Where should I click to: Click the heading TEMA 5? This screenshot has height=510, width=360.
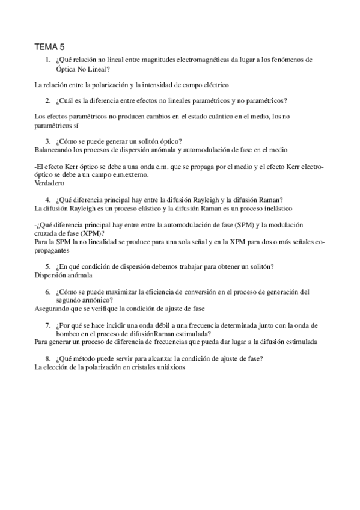pyautogui.click(x=50, y=47)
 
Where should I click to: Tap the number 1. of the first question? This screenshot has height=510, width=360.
pyautogui.click(x=47, y=60)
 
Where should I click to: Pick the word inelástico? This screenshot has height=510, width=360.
pyautogui.click(x=272, y=208)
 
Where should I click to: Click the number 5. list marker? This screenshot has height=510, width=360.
pyautogui.click(x=47, y=266)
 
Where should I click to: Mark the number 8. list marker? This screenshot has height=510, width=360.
pyautogui.click(x=47, y=358)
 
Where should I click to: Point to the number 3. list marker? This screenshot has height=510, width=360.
pyautogui.click(x=47, y=141)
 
